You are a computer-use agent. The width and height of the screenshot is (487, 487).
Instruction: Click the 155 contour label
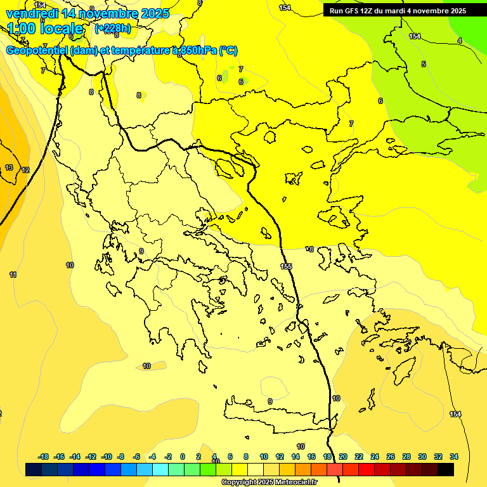click(287, 266)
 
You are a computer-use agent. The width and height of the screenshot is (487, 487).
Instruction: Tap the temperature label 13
click(9, 168)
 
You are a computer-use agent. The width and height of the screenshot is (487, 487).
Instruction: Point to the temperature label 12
click(25, 170)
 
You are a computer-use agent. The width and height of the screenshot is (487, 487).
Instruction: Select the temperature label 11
click(13, 275)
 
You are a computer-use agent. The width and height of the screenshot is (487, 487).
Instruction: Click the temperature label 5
click(424, 64)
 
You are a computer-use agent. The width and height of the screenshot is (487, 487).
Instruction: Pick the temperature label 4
click(459, 41)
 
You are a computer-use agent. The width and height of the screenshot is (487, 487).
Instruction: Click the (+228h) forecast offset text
click(112, 28)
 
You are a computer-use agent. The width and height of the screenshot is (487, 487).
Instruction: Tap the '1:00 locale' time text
click(45, 29)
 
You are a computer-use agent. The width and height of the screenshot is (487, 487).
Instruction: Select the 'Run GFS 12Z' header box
click(398, 10)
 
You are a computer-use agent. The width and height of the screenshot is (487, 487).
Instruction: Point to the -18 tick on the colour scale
click(44, 457)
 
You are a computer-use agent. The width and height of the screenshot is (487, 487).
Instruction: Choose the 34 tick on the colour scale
click(454, 457)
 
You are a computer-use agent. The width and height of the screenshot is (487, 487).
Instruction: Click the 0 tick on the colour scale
click(183, 457)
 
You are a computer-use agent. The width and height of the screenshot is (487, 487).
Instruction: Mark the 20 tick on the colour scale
click(343, 457)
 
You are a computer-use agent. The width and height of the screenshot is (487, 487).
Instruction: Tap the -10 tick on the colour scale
click(107, 457)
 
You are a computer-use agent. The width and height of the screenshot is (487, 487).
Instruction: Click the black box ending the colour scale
click(446, 469)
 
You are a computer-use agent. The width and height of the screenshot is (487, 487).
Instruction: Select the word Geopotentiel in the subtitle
click(37, 51)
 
